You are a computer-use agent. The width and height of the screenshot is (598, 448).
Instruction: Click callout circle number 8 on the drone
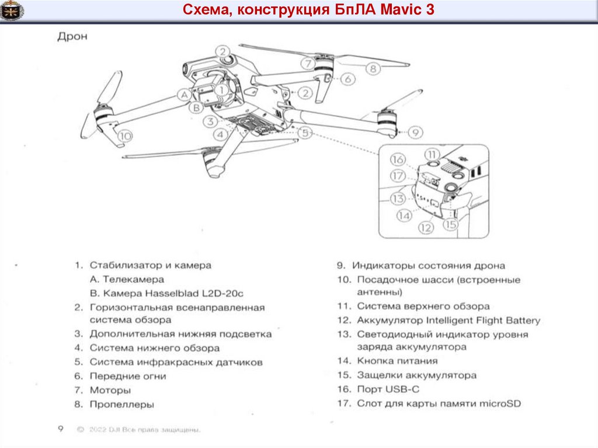[373, 68]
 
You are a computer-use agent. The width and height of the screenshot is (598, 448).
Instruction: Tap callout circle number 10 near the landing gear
[124, 136]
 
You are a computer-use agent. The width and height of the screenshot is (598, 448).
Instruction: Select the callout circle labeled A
[184, 93]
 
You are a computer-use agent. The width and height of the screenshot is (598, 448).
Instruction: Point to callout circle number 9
[414, 133]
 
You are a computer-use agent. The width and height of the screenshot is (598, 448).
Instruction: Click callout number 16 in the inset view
[398, 159]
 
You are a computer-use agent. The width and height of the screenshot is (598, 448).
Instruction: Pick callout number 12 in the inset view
[426, 228]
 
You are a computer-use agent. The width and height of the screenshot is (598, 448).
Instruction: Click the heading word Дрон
[72, 37]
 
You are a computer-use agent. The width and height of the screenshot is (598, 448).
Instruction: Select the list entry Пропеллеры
[121, 404]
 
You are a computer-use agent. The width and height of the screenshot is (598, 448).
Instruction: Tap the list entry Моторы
[110, 390]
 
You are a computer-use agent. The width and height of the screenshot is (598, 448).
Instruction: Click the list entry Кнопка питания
[397, 361]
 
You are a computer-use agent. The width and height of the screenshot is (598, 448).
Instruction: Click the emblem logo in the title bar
[12, 11]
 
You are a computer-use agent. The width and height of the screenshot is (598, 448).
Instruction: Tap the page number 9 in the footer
[60, 429]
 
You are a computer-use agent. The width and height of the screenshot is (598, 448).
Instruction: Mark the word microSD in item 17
[499, 403]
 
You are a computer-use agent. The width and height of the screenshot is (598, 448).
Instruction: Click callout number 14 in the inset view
[404, 216]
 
